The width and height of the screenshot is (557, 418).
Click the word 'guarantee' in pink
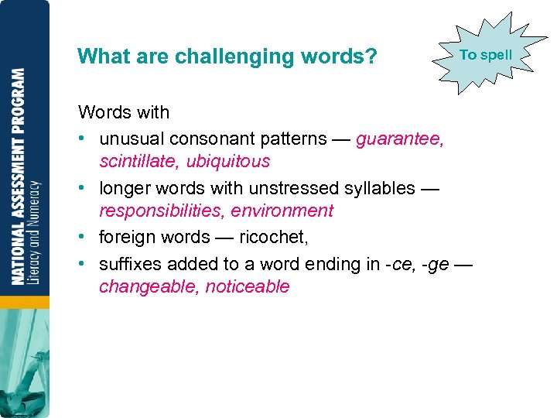(399, 139)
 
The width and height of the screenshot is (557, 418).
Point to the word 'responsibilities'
(161, 211)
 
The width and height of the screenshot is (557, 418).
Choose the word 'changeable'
(149, 286)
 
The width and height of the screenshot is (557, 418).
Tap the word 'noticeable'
(248, 286)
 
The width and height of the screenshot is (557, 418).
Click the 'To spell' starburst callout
(485, 55)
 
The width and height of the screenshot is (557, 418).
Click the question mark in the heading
(371, 57)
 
